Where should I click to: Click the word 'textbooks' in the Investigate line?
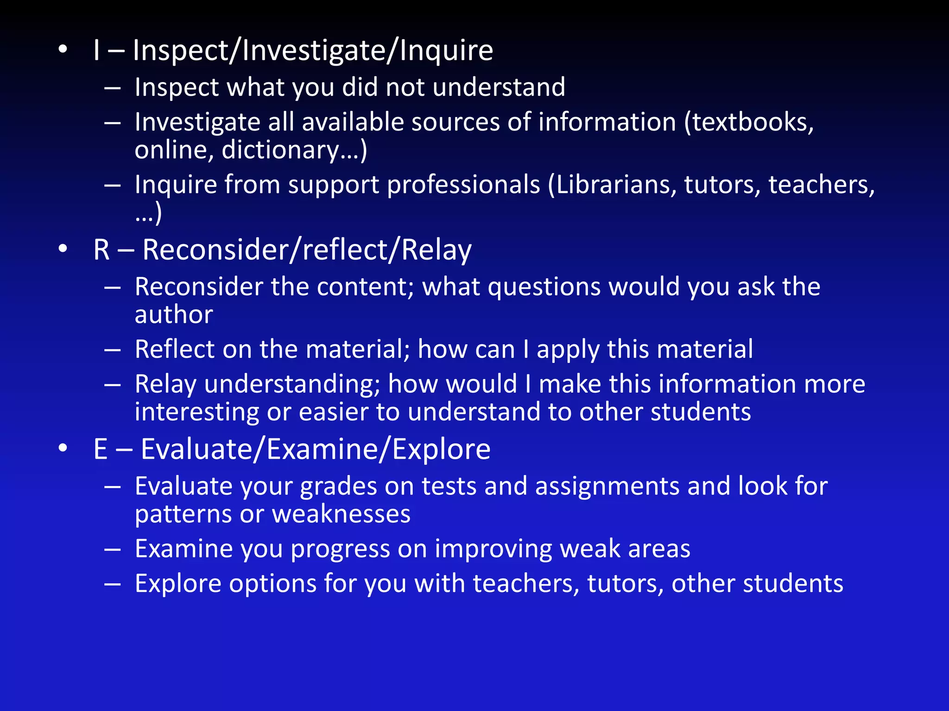[x=749, y=123]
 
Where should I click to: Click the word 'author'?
[x=174, y=315]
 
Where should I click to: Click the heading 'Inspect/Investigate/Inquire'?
[x=313, y=50]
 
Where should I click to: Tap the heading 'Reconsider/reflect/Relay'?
[x=307, y=250]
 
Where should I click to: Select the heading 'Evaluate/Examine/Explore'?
[x=315, y=449]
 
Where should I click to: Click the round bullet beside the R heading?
[x=63, y=249]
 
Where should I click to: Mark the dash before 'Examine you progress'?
[x=113, y=550]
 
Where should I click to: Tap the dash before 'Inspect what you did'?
[x=113, y=88]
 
